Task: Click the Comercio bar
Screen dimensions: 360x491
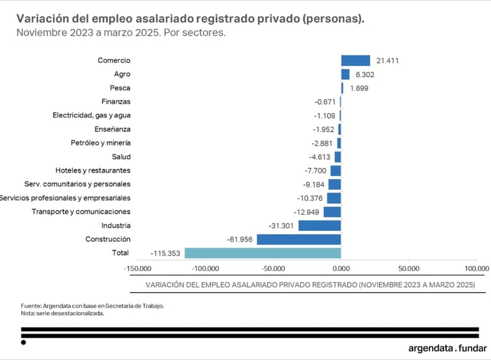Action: click(x=355, y=61)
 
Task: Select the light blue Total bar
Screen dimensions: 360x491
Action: click(x=262, y=253)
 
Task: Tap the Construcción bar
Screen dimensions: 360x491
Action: click(x=299, y=239)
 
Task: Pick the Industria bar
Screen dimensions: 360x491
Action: click(x=320, y=226)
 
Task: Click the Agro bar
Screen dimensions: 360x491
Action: click(x=345, y=74)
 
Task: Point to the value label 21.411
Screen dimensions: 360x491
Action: click(x=387, y=61)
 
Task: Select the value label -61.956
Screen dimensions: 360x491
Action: click(x=240, y=239)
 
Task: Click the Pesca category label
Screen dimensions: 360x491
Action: click(x=120, y=88)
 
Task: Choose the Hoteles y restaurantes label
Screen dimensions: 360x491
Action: click(x=93, y=170)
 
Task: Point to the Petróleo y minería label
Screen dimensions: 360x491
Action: click(x=100, y=143)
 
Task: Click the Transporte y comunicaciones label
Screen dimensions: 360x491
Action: click(x=81, y=212)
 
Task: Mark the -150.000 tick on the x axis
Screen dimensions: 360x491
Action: click(x=138, y=269)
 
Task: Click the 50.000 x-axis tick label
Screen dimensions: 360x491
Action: click(x=409, y=269)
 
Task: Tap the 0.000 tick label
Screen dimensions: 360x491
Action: click(x=341, y=269)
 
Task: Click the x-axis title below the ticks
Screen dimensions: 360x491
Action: click(x=310, y=285)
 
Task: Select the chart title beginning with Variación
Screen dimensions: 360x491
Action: click(x=191, y=19)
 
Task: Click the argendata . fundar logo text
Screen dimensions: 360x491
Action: click(x=447, y=348)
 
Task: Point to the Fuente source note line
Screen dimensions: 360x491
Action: click(x=92, y=306)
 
